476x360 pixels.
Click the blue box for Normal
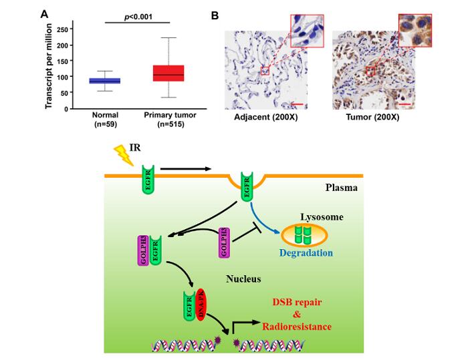104,81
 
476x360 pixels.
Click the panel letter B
215,14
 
